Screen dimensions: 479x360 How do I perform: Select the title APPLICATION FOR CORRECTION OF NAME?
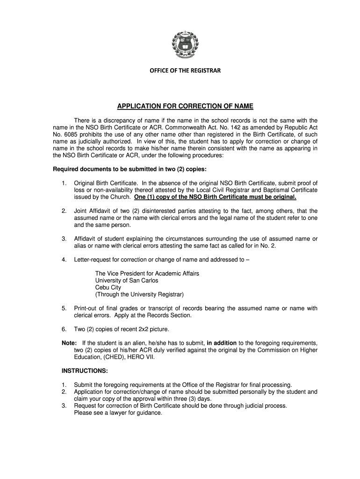coord(185,106)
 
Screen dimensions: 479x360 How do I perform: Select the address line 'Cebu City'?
coord(108,287)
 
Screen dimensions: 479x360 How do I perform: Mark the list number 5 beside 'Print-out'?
coord(64,308)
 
